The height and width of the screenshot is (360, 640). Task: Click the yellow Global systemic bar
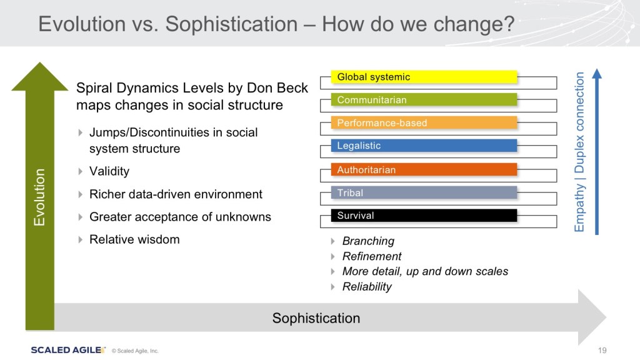(x=424, y=77)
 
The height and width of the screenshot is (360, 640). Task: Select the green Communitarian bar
(x=424, y=99)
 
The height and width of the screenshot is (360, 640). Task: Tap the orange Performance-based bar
(x=424, y=123)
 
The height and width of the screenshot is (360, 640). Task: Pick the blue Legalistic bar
(x=424, y=146)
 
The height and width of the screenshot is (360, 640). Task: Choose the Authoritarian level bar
(x=424, y=169)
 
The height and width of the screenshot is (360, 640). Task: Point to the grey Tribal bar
(x=424, y=192)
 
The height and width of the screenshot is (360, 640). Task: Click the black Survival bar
(x=424, y=216)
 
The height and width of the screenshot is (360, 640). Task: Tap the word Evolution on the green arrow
(x=39, y=197)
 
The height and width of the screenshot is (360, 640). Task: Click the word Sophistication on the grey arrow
(x=316, y=318)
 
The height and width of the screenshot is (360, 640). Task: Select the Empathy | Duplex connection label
(x=579, y=152)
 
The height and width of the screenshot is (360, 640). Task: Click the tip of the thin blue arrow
(x=597, y=69)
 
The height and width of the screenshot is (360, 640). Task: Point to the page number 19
(x=602, y=350)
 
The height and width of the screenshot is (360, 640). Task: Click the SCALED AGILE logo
(x=68, y=350)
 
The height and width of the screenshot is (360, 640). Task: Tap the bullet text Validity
(x=109, y=171)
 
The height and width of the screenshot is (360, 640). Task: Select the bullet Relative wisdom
(x=135, y=239)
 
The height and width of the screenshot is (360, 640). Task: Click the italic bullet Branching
(x=368, y=241)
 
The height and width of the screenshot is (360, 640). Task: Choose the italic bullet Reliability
(x=367, y=286)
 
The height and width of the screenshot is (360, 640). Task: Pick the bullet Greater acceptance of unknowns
(x=180, y=217)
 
